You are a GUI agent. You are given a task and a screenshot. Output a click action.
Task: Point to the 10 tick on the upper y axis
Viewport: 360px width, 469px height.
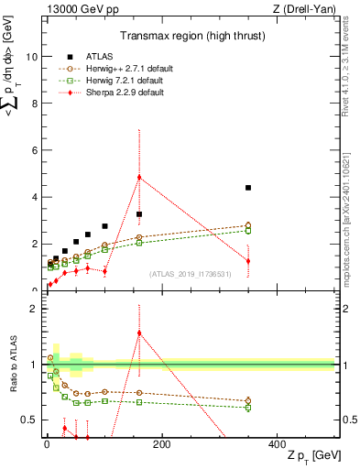pyautogui.click(x=31, y=56)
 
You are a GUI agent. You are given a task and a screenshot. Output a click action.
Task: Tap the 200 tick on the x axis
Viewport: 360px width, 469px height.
pyautogui.click(x=161, y=445)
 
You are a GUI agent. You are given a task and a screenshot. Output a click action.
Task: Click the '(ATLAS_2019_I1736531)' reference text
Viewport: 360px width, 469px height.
pyautogui.click(x=190, y=274)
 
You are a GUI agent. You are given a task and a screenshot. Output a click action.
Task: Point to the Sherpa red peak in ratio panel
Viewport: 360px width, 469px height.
pyautogui.click(x=139, y=333)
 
